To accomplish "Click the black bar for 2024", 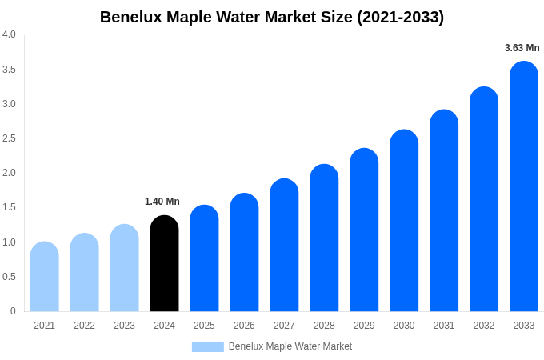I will pos(164,264).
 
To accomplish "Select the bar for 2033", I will pos(524,188).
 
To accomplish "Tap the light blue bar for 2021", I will pos(45,277).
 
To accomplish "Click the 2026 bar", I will pos(244,253).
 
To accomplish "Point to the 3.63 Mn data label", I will pos(522,48).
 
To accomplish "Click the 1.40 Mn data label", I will pos(162,202).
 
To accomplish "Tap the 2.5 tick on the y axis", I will pos(9,138).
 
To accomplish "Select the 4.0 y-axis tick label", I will pos(9,34).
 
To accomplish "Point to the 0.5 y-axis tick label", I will pos(9,277).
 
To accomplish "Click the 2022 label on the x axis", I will pos(84,326).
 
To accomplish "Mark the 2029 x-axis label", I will pos(364,326).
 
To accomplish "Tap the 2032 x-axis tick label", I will pos(484,326).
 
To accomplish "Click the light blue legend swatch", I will pos(207,347).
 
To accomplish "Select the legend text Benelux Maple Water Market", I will pos(290,346).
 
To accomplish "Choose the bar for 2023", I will pos(124,268).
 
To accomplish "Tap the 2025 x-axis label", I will pos(204,326).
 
